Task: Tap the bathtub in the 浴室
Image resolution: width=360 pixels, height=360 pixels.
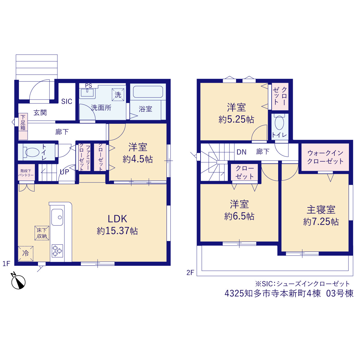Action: tap(148, 91)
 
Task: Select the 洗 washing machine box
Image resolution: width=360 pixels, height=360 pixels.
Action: tap(118, 94)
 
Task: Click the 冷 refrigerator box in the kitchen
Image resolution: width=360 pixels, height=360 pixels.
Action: tap(26, 254)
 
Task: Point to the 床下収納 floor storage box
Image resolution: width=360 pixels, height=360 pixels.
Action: tap(42, 233)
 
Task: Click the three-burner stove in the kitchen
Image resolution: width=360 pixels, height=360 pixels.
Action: tap(57, 251)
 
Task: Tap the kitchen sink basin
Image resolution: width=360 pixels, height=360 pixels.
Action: tap(57, 217)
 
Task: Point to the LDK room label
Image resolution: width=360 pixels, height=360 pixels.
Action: tap(117, 219)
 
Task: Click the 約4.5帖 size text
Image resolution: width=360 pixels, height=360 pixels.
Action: tap(138, 159)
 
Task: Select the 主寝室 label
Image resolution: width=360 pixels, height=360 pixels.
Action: tap(321, 210)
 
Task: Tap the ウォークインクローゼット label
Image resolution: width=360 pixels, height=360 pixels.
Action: tap(325, 157)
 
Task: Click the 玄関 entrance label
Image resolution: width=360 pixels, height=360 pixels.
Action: tap(40, 113)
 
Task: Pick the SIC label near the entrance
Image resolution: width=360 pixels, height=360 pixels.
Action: tap(67, 102)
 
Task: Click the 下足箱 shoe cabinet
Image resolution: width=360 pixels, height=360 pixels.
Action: tap(23, 126)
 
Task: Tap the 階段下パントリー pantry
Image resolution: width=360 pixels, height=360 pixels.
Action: tap(26, 172)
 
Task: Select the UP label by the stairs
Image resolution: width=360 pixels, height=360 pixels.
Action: tap(64, 172)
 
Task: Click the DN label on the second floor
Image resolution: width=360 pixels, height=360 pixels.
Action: tap(242, 152)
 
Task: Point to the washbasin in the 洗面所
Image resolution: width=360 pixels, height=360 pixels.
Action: tap(87, 93)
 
